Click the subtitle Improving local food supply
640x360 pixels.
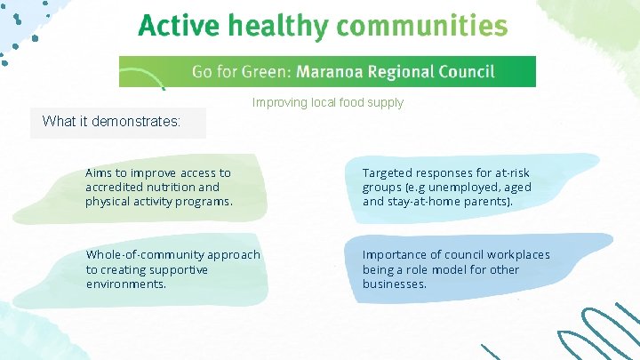[327, 102]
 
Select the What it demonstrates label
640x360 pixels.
[111, 122]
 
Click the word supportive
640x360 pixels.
[178, 269]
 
